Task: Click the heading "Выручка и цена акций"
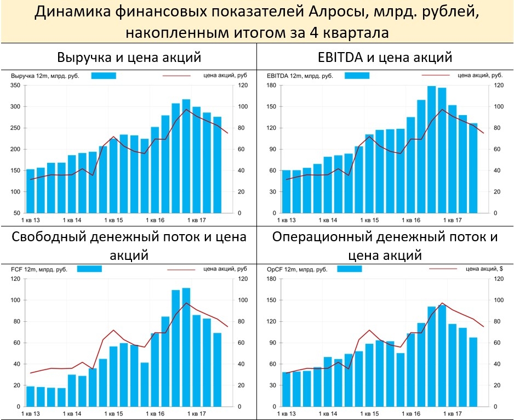(129, 57)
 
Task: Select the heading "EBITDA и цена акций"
(385, 57)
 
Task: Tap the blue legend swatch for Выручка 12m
(104, 76)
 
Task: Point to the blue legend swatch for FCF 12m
(89, 269)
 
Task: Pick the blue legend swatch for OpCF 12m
(349, 269)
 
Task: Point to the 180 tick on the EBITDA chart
(271, 86)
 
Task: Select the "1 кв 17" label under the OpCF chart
(455, 412)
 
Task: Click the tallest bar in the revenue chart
(186, 156)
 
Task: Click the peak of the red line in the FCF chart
(186, 303)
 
